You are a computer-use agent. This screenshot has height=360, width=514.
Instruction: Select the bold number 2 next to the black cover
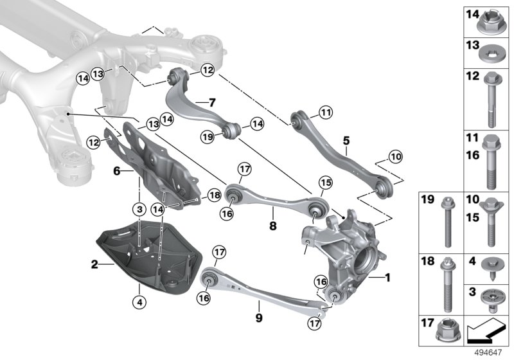(x=94, y=264)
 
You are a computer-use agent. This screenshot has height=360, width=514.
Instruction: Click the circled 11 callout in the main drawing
(x=326, y=113)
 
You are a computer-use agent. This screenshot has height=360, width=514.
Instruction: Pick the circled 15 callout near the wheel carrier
(x=325, y=184)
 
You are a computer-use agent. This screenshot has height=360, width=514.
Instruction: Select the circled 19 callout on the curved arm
(x=207, y=136)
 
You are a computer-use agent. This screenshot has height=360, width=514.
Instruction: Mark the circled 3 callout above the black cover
(x=138, y=209)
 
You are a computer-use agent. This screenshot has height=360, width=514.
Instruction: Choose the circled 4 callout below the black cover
(x=139, y=300)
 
